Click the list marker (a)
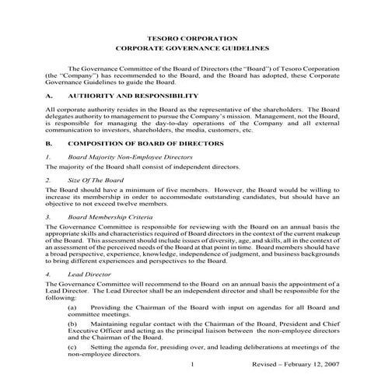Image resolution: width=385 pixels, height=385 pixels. pos(72,309)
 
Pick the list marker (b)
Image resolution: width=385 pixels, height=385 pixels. pos(72,323)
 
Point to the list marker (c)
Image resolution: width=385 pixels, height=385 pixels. pos(72,345)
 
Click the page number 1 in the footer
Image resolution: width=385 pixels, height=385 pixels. pos(191,364)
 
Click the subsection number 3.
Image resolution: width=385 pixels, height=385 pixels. pos(47,217)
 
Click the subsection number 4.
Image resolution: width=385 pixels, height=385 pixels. pos(47,274)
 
